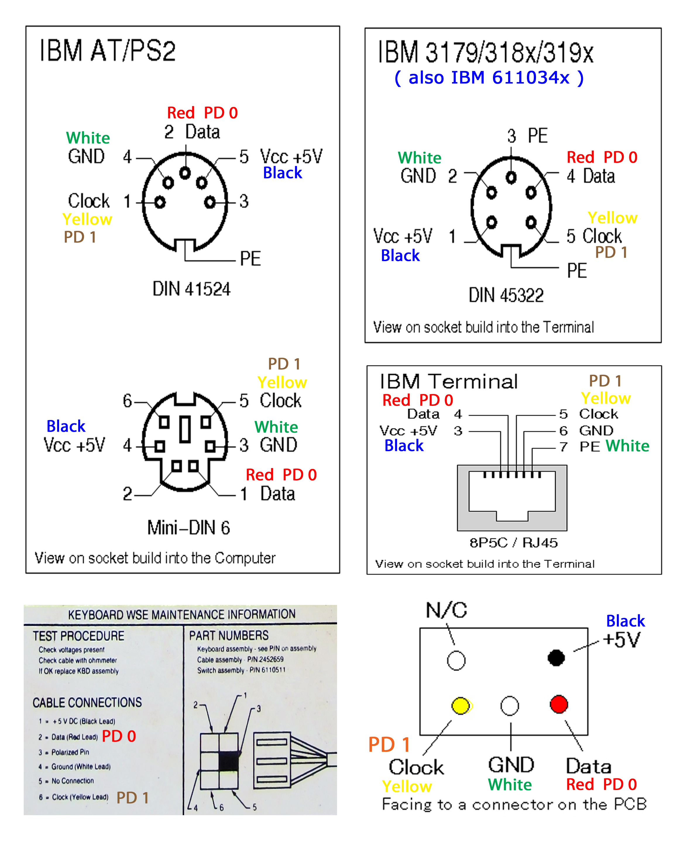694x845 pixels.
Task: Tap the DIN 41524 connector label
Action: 191,289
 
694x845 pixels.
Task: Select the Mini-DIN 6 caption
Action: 188,528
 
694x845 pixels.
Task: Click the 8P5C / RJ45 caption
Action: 513,543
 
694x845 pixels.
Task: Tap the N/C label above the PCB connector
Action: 446,610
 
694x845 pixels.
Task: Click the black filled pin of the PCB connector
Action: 556,658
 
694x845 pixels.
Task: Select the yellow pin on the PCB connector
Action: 461,706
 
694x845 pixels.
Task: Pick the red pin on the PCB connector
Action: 559,704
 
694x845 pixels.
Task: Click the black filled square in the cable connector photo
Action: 229,761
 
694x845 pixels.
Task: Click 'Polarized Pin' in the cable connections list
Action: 70,752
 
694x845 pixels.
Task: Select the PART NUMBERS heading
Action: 229,635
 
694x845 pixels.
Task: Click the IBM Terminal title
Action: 449,382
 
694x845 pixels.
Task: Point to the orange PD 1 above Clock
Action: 389,745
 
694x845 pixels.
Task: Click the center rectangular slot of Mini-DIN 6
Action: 185,429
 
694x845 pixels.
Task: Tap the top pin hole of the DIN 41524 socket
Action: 185,173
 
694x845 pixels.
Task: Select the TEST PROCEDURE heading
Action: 78,636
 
